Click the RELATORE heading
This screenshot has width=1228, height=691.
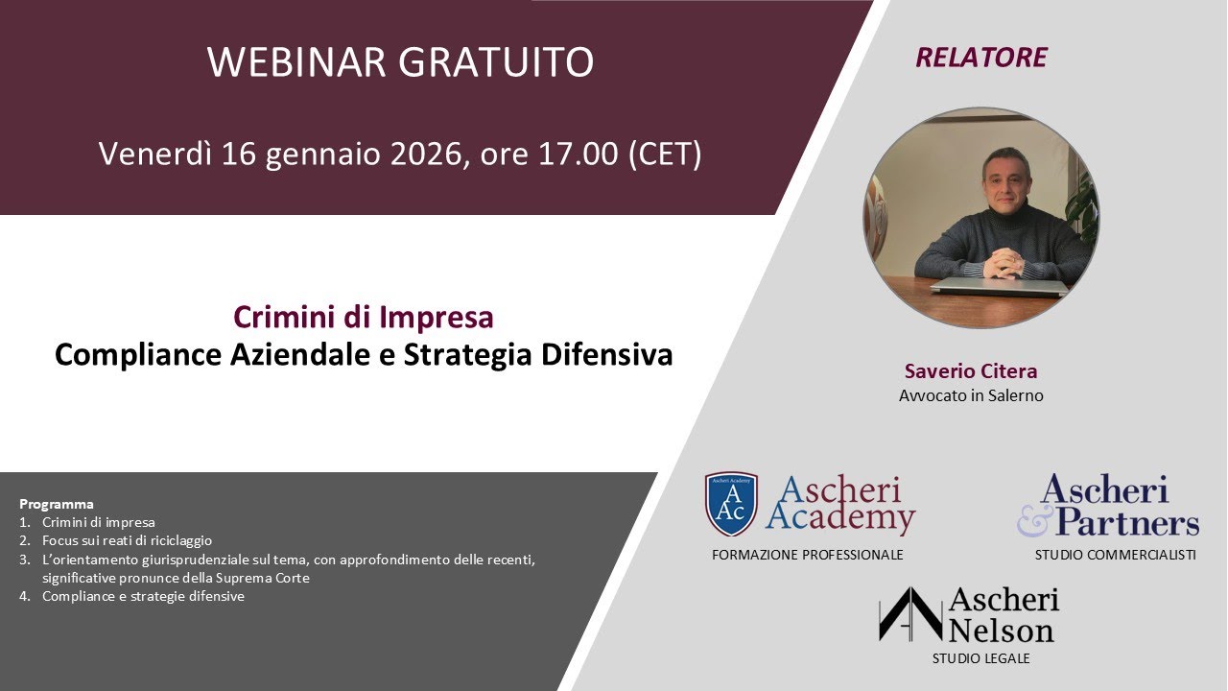point(980,58)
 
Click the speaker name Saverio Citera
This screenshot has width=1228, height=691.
point(971,371)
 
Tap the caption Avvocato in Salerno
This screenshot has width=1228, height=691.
point(971,395)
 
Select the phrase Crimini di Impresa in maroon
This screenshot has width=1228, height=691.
point(364,317)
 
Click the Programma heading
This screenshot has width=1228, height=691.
point(57,504)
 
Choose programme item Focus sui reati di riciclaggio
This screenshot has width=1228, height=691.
point(127,540)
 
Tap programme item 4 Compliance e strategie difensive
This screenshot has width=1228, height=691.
point(143,596)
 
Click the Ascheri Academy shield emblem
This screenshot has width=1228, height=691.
point(731,504)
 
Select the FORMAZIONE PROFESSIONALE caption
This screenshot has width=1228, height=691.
point(808,555)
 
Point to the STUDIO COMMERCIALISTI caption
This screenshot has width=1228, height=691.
point(1115,555)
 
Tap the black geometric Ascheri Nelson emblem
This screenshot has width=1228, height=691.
point(909,615)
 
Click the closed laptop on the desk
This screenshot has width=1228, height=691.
point(998,286)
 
